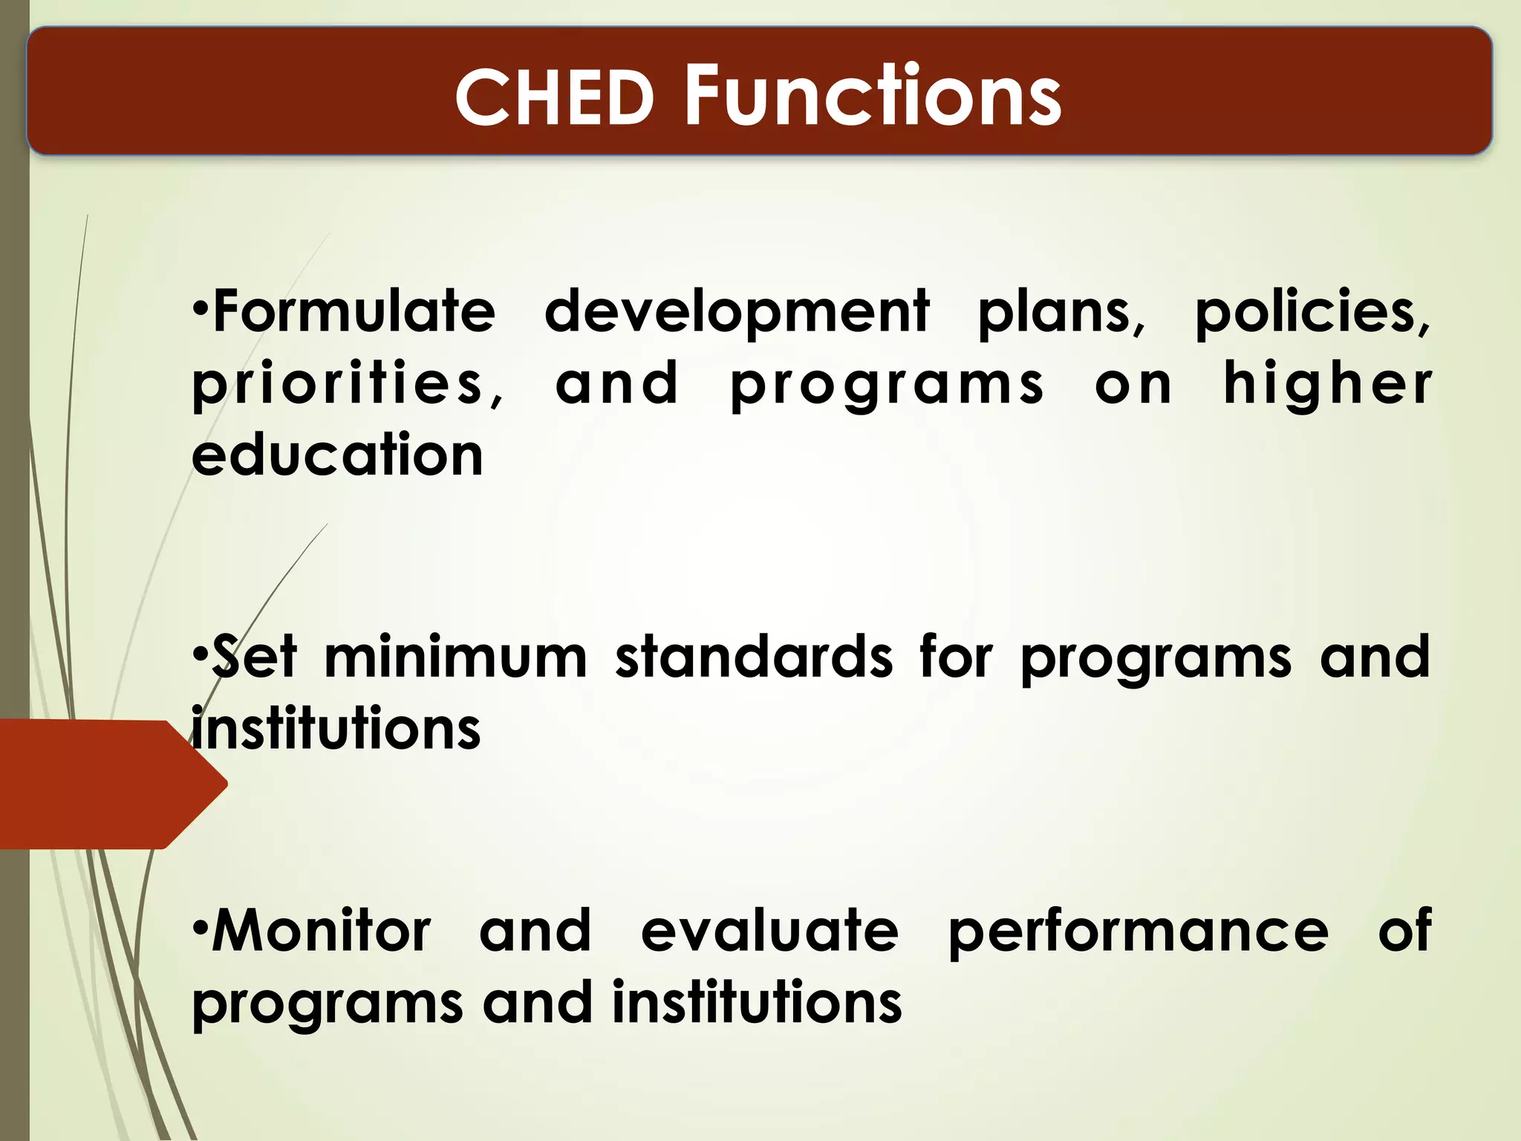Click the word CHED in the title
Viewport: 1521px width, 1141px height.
point(553,97)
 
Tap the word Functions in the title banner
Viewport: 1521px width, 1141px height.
point(873,96)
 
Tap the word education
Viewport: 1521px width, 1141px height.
point(337,455)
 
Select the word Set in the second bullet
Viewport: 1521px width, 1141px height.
point(254,657)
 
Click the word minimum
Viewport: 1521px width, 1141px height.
point(455,657)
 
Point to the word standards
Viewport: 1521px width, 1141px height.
point(753,657)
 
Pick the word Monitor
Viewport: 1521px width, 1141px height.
point(321,930)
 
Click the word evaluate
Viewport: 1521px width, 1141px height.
point(769,930)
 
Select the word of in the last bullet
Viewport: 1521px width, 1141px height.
point(1404,930)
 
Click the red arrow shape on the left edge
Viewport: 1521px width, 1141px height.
point(104,784)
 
